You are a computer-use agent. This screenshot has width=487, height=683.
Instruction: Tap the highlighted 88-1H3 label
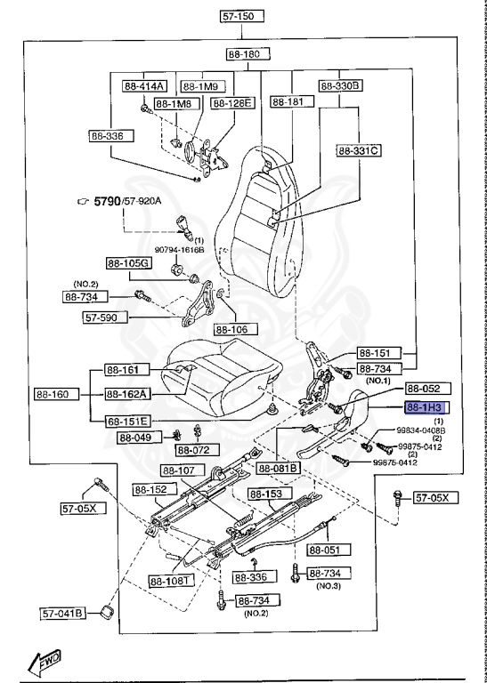coord(427,407)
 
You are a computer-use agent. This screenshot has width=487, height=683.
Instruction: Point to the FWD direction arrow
coord(45,661)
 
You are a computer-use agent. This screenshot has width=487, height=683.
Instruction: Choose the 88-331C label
coord(358,150)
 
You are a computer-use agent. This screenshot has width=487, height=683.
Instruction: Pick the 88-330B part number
coord(340,86)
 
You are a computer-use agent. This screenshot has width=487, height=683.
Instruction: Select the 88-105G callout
coord(128,263)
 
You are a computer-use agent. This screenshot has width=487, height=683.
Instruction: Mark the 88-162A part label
coord(127,394)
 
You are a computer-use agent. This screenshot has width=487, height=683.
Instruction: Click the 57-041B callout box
coord(63,613)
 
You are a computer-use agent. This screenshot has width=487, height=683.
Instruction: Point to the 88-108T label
coord(169,581)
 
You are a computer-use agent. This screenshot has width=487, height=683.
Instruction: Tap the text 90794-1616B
coord(180,250)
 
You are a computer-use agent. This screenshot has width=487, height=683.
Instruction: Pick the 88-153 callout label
coord(265,494)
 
